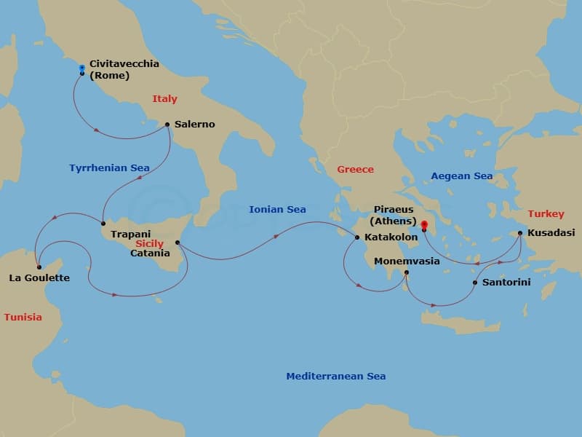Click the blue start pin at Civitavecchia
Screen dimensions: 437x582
(x=82, y=68)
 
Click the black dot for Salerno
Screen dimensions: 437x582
(x=167, y=125)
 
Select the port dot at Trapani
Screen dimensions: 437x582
(x=103, y=224)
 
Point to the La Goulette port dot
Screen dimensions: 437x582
(x=39, y=267)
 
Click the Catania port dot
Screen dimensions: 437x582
(x=178, y=243)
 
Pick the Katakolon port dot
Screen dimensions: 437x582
(x=356, y=237)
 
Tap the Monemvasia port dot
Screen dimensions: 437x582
(x=407, y=273)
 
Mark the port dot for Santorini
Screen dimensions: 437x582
(x=475, y=283)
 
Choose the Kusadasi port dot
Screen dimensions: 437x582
(x=520, y=233)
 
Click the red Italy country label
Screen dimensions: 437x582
(x=164, y=99)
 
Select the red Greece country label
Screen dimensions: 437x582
(x=355, y=170)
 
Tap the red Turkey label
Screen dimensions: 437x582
(x=546, y=214)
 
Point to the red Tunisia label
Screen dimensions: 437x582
(x=23, y=318)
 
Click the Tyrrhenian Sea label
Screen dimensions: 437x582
(x=109, y=168)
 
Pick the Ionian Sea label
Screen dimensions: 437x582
(x=277, y=210)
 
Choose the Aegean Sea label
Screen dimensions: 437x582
(x=461, y=176)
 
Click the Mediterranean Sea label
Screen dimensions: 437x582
(x=335, y=377)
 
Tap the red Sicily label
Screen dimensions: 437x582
(x=149, y=244)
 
